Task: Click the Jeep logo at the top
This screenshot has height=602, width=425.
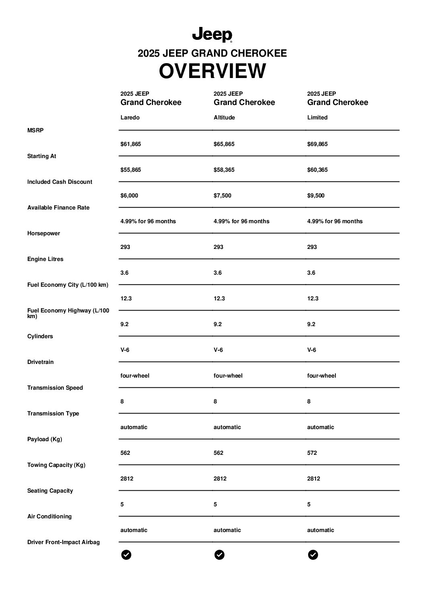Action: (212, 35)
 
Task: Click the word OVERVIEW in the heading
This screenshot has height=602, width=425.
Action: (212, 71)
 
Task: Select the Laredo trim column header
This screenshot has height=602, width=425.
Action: (130, 117)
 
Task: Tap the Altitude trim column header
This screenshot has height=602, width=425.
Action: (224, 117)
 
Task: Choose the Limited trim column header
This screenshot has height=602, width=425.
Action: (317, 117)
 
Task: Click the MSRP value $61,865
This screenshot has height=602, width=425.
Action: (131, 144)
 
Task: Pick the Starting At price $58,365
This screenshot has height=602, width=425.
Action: (224, 170)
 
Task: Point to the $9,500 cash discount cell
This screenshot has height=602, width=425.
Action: (316, 195)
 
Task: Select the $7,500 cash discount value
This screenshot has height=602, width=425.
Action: (222, 195)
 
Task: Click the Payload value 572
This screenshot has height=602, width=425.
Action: (312, 453)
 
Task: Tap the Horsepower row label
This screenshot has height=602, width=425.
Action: (43, 233)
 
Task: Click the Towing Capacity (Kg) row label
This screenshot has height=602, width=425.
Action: (56, 465)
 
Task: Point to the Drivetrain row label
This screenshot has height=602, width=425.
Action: (40, 362)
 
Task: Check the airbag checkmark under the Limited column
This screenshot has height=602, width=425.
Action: (313, 555)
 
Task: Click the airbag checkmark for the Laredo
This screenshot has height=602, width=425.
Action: (126, 555)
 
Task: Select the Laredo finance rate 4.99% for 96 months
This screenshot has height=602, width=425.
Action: (148, 221)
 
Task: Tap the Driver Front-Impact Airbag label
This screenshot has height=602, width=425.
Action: (63, 542)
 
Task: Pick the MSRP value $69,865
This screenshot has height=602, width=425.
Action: (317, 144)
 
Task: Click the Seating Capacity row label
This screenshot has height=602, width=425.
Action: (50, 491)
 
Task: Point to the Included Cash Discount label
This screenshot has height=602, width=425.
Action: (60, 182)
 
